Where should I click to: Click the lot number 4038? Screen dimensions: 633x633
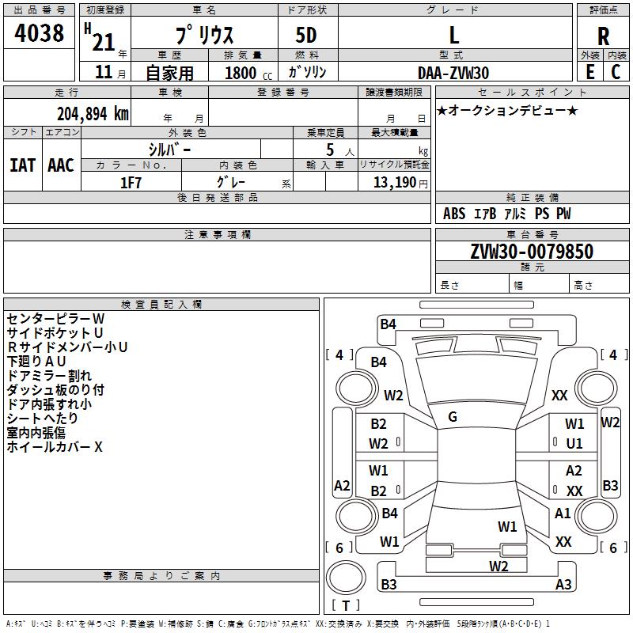[40, 33]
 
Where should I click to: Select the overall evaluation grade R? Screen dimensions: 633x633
[603, 36]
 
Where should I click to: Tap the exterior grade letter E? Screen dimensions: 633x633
[589, 71]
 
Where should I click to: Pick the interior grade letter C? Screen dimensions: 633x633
[616, 71]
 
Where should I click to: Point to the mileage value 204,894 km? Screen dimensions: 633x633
[93, 113]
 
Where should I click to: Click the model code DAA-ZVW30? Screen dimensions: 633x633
[453, 72]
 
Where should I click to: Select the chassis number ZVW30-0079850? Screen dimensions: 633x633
[531, 252]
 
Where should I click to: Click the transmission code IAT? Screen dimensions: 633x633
[22, 165]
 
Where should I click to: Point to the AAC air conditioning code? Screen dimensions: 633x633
[60, 165]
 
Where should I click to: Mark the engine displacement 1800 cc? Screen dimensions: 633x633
[245, 73]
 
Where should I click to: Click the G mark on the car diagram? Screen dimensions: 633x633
[453, 417]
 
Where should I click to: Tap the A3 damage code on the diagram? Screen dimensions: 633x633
[563, 585]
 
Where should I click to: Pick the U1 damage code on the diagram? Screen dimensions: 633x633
[574, 444]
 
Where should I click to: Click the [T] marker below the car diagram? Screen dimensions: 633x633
[346, 606]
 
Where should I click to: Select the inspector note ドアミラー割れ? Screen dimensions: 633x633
[49, 375]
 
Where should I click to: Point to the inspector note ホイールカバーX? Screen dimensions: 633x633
[55, 447]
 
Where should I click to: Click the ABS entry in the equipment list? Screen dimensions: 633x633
[454, 214]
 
